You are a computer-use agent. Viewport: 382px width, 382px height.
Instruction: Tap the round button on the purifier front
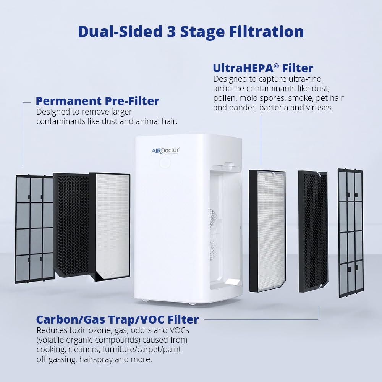165,163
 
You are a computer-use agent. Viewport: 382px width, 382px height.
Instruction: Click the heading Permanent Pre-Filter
97,101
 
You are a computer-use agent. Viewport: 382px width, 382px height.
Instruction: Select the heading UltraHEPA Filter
263,68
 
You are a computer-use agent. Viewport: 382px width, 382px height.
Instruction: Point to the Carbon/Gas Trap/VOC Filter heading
117,319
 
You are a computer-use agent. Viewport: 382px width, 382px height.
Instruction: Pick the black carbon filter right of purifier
313,231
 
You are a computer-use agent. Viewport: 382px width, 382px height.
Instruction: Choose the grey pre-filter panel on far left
34,229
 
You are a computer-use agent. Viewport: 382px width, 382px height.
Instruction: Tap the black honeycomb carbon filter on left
71,225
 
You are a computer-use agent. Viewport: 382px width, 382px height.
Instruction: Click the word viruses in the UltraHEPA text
320,108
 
